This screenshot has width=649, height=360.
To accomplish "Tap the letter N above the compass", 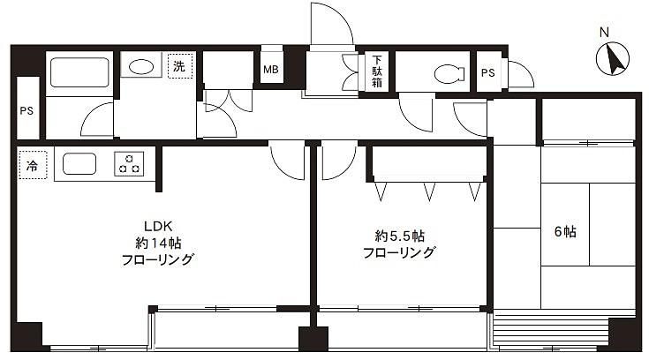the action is (x=604, y=33).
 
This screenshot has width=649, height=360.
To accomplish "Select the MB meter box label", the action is (x=271, y=70).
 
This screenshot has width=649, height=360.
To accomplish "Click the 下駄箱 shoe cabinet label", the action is (x=377, y=71).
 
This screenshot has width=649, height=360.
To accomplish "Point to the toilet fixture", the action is (x=449, y=74).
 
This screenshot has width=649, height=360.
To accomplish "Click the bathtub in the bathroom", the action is (x=79, y=72).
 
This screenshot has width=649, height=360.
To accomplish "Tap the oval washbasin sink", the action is (x=141, y=67).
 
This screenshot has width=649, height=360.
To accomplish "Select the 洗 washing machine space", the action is (x=180, y=66).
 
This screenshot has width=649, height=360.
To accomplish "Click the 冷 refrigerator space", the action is (x=33, y=165).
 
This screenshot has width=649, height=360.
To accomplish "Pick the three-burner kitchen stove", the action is (x=129, y=164).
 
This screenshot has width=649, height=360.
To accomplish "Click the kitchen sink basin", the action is (x=79, y=164).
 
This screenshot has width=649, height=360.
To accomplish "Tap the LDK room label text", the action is (x=158, y=227).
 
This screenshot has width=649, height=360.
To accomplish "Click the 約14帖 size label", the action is (x=158, y=243).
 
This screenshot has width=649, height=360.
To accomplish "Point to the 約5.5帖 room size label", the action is (x=399, y=236).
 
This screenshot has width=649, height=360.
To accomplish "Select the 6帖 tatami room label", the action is (x=565, y=231).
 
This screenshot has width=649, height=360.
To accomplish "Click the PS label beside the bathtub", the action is (x=26, y=111).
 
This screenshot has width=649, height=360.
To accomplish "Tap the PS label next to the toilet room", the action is (x=488, y=73).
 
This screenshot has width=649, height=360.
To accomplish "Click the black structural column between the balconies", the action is (x=313, y=339).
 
